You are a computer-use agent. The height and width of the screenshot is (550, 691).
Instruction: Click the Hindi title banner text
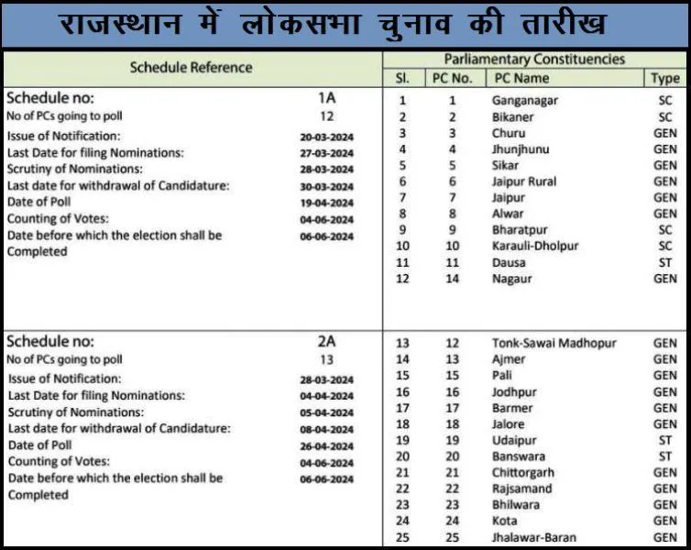tap(345, 24)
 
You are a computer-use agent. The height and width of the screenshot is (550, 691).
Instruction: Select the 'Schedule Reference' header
tap(191, 67)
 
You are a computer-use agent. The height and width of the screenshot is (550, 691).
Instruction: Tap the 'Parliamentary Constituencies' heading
tap(534, 60)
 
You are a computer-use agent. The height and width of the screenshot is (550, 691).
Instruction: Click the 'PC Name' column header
tap(521, 79)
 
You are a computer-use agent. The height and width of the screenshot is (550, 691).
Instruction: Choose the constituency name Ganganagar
tap(524, 101)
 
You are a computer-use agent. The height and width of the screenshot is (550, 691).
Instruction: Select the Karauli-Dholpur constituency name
tap(535, 246)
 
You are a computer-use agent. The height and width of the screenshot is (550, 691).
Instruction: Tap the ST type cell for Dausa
tap(665, 262)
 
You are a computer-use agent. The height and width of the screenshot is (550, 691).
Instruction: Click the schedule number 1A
tap(327, 98)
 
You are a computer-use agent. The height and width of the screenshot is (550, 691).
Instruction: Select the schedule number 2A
tap(327, 342)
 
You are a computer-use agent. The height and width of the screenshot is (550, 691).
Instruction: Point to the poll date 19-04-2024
tap(327, 203)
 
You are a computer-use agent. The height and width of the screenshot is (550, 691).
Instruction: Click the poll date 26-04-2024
tap(327, 446)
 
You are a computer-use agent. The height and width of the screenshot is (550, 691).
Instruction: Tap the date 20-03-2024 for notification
tap(327, 137)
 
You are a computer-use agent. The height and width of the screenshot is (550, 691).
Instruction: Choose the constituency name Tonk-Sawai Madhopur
tap(554, 344)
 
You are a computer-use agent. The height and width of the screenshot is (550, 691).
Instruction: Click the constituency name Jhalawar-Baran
tap(534, 537)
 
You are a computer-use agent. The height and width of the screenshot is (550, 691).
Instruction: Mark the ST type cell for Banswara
tap(665, 456)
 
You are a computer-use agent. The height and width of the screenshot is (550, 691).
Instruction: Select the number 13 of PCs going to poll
tap(327, 360)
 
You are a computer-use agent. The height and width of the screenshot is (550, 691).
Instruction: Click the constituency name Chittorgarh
tap(525, 472)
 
